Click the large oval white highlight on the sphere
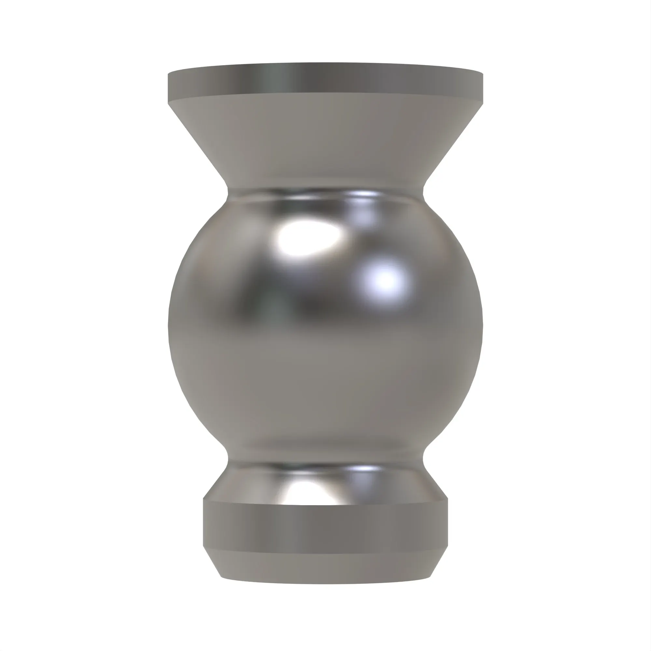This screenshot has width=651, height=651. point(308,238)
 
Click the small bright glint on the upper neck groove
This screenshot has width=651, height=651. point(366,194)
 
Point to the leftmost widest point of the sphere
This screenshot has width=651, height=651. point(169,325)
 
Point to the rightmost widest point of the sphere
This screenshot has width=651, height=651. point(482,325)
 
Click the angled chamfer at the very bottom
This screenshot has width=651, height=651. point(325,566)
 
